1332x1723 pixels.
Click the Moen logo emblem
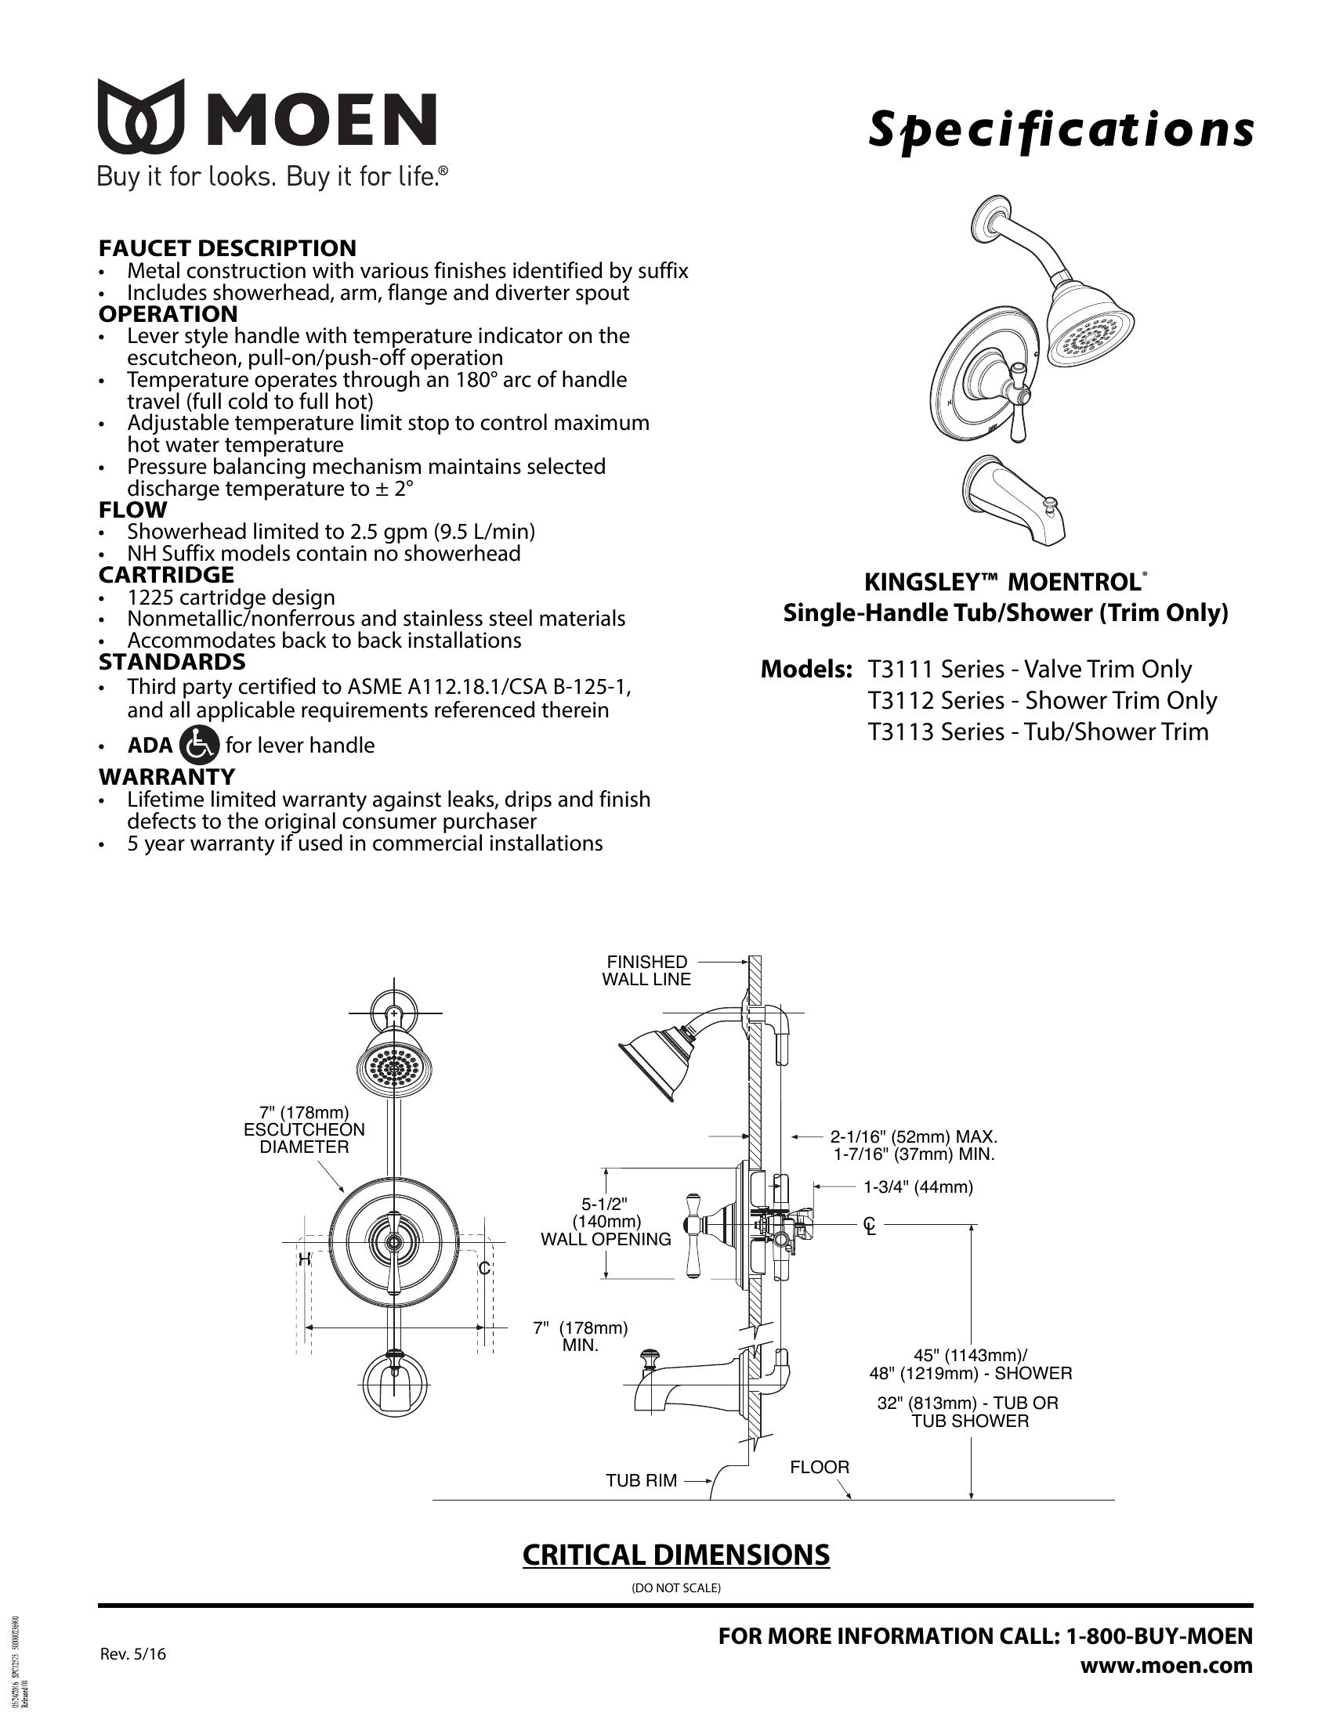141,116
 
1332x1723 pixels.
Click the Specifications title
1061,128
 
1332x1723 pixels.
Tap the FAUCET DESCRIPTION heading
227,247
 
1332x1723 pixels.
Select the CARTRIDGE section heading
166,574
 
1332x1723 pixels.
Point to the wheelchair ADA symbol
200,745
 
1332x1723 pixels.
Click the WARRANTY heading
166,776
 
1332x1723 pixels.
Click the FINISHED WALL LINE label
646,970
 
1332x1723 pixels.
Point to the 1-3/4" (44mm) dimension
918,1187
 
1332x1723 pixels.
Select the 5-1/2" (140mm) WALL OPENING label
605,1222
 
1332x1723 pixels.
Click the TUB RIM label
641,1481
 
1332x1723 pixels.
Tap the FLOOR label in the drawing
819,1468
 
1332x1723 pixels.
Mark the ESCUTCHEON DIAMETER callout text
305,1129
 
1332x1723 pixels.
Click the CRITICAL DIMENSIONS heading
675,1555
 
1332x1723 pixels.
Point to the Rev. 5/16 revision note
132,1654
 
